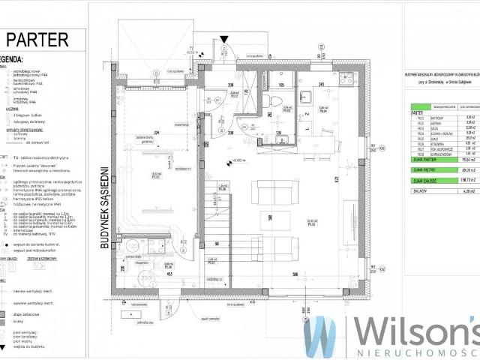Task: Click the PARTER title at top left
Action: (38, 40)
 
